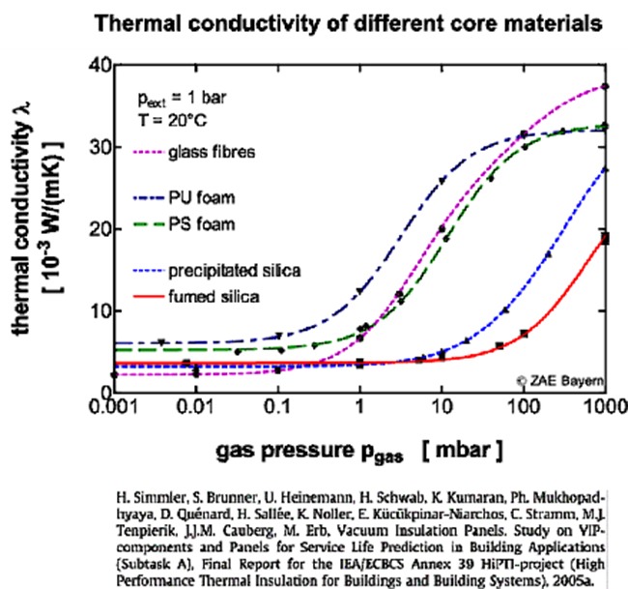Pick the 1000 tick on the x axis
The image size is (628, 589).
599,406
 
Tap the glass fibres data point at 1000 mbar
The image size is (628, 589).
605,86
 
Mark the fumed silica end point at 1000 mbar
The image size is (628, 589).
605,238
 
